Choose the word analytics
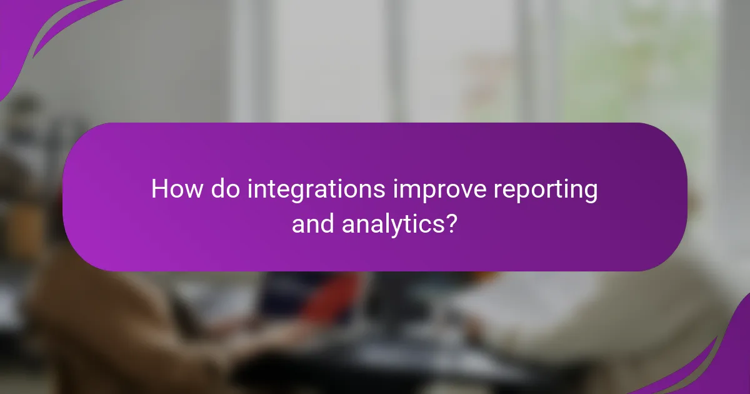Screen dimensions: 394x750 click(x=394, y=224)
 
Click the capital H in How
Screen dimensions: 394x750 click(x=159, y=189)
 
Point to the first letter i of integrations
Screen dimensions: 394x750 click(x=251, y=189)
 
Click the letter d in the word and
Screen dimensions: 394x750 click(x=328, y=223)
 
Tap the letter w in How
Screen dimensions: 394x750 click(x=192, y=190)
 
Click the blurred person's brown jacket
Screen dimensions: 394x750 click(x=94, y=313)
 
